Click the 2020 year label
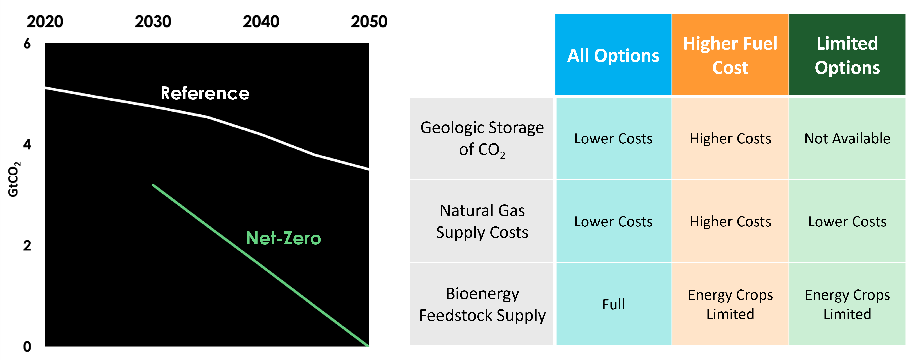click(45, 22)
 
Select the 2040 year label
click(261, 22)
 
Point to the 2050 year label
click(369, 22)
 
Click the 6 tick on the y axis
click(27, 44)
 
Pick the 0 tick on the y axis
click(27, 347)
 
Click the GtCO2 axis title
click(14, 179)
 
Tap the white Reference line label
click(205, 93)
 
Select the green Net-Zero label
click(283, 238)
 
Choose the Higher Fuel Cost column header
click(730, 55)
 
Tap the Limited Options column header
click(847, 55)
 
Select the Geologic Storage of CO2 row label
click(482, 139)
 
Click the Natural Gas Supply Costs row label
click(482, 221)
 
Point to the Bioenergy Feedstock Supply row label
click(482, 304)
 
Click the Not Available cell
click(847, 139)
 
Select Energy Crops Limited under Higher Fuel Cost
click(730, 304)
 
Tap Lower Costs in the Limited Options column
click(847, 221)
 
